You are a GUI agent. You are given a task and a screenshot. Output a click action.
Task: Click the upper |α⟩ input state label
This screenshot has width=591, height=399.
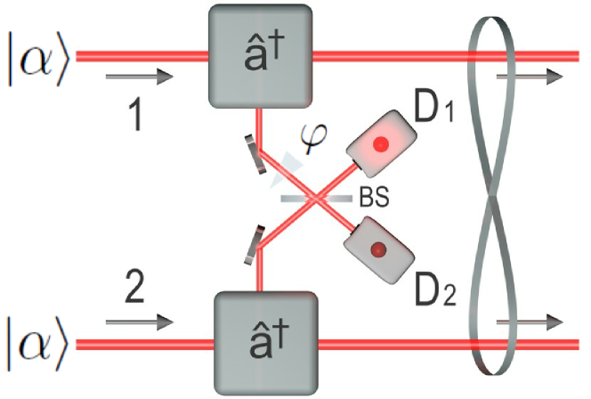pyautogui.click(x=38, y=56)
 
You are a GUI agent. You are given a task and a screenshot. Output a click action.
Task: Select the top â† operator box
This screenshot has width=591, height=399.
pyautogui.click(x=261, y=54)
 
